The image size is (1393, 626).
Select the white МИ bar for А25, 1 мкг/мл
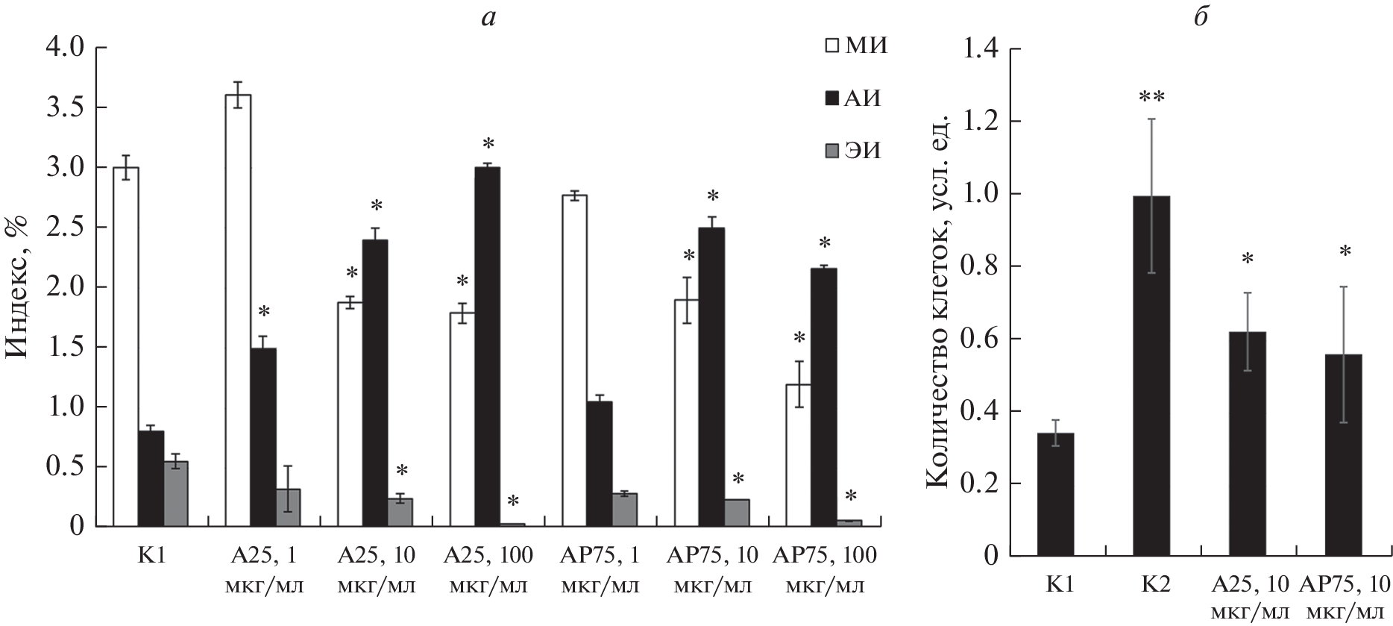click(239, 310)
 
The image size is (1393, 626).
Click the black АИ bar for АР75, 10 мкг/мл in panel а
click(712, 377)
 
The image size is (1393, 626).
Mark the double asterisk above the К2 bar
click(1151, 98)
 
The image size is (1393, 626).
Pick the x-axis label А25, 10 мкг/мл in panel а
click(377, 570)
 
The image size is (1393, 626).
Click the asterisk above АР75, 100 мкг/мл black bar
click(825, 243)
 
